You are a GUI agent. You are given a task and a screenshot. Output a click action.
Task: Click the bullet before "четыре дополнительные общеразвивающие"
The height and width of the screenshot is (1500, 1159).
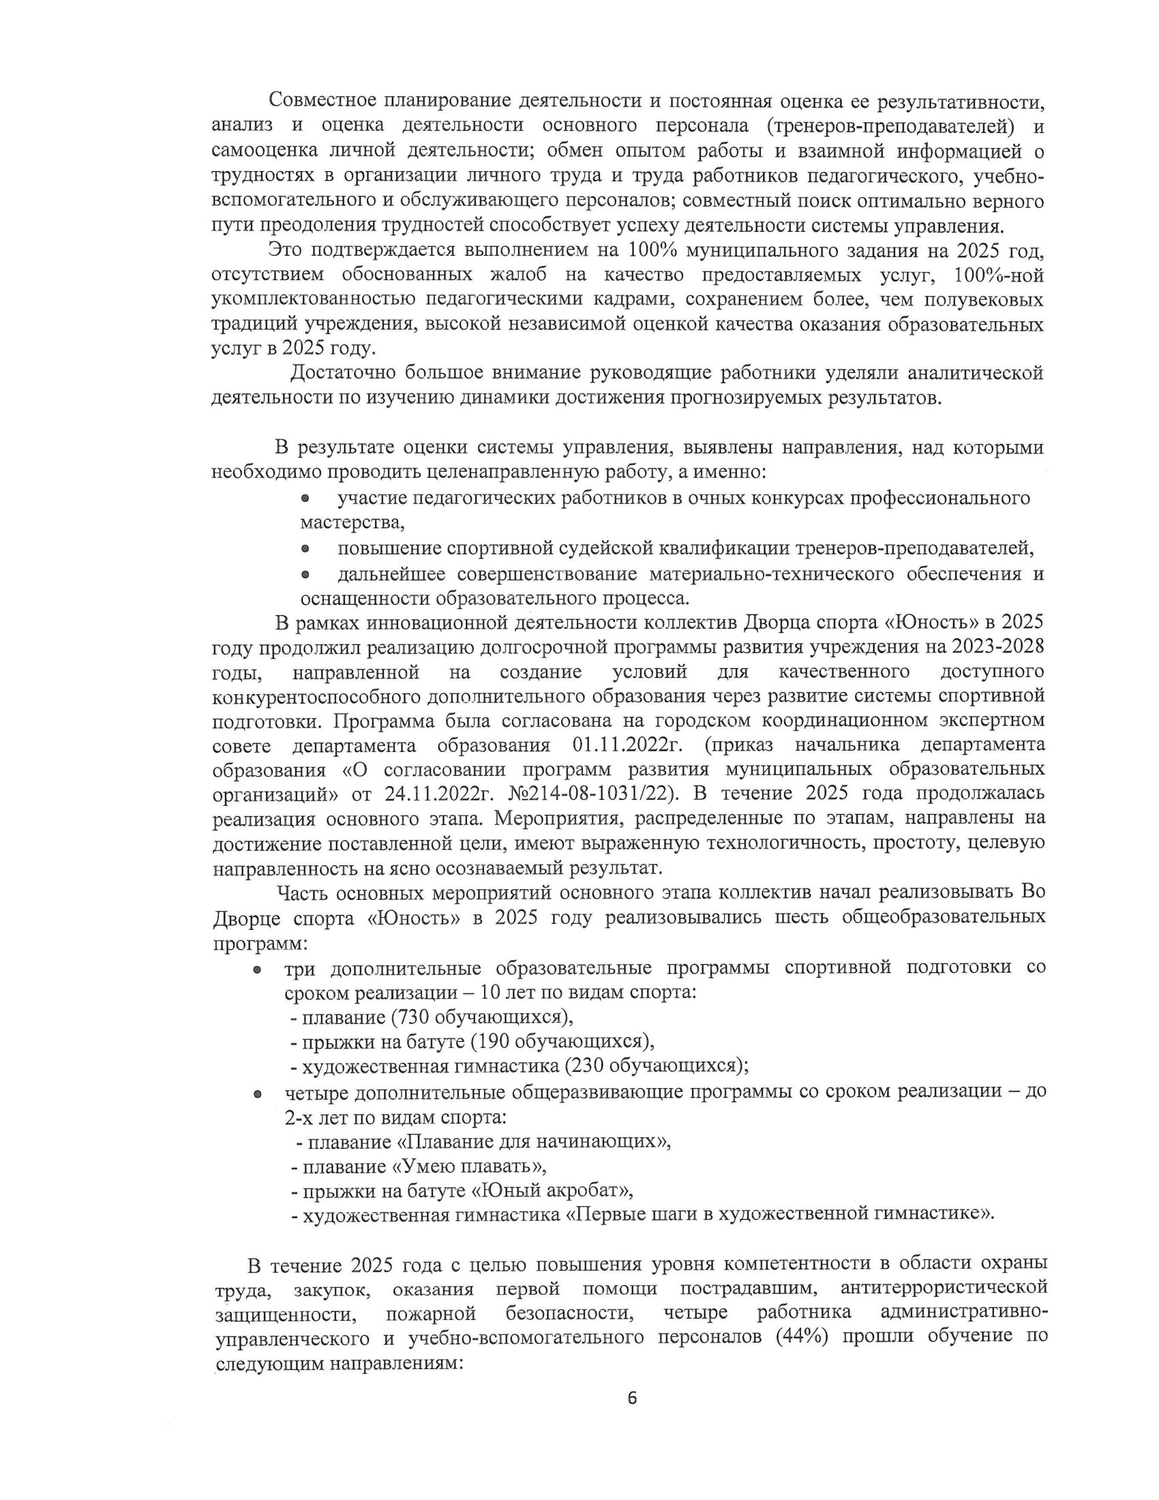coord(257,1094)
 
